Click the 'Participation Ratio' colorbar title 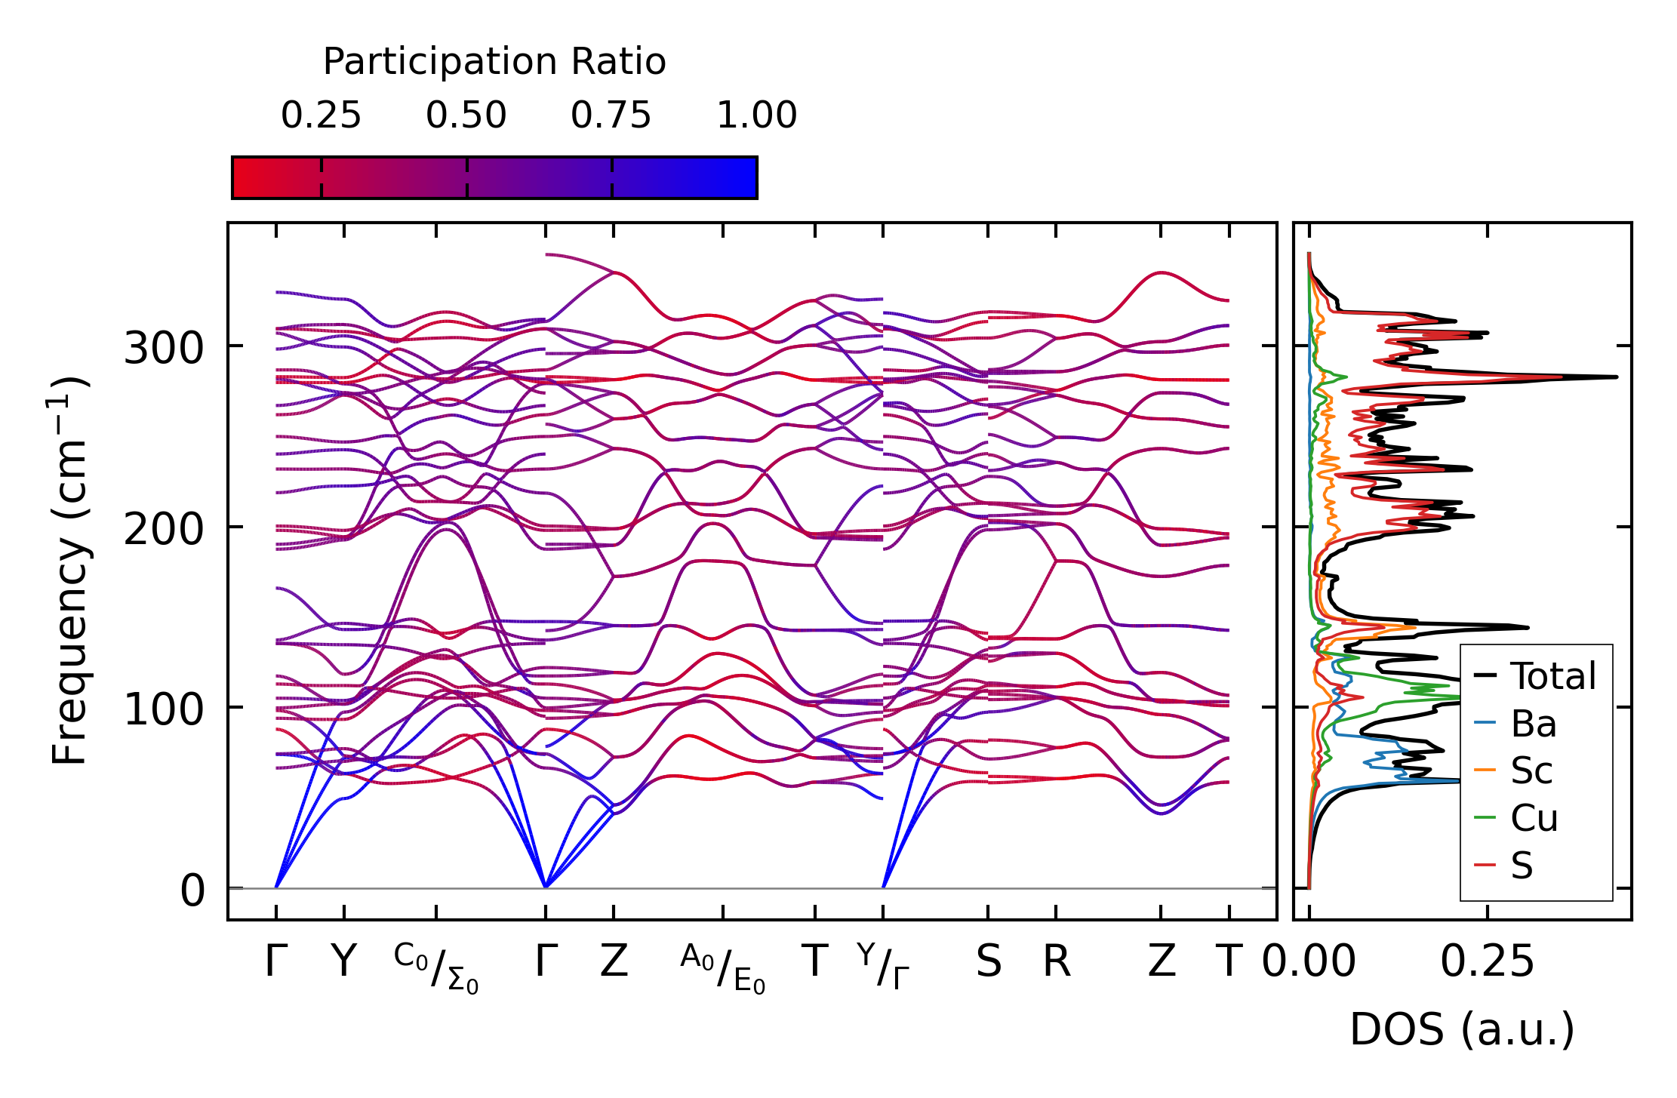pyautogui.click(x=494, y=62)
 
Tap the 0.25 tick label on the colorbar pyautogui.click(x=321, y=116)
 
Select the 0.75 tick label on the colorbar pyautogui.click(x=611, y=116)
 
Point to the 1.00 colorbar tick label pyautogui.click(x=756, y=116)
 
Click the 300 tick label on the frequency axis pyautogui.click(x=163, y=349)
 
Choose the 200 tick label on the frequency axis pyautogui.click(x=163, y=530)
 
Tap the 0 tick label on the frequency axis pyautogui.click(x=192, y=891)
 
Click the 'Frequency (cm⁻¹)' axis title pyautogui.click(x=69, y=571)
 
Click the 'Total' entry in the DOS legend pyautogui.click(x=1552, y=676)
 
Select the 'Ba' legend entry pyautogui.click(x=1534, y=724)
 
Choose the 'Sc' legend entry pyautogui.click(x=1531, y=771)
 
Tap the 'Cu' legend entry pyautogui.click(x=1534, y=819)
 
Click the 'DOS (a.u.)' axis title pyautogui.click(x=1462, y=1030)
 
